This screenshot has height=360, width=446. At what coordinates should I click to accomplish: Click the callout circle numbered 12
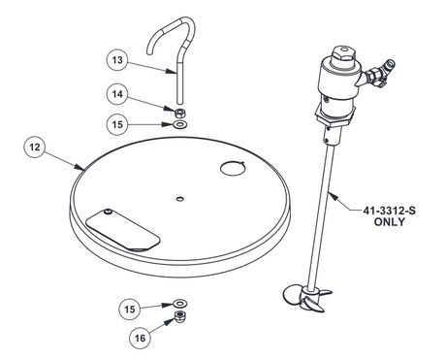[35, 147]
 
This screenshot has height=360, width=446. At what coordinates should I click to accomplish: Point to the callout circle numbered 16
[142, 337]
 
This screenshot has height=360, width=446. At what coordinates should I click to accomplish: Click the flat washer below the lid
[180, 304]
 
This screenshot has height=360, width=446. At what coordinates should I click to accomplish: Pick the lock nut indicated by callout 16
[180, 317]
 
